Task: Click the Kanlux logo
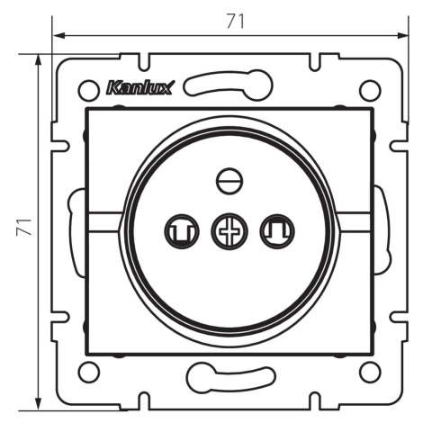tap(139, 88)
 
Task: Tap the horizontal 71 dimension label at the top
tap(236, 22)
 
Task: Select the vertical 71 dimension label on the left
tap(24, 227)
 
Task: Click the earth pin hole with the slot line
tap(229, 181)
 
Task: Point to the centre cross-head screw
tap(229, 231)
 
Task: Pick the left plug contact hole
tap(182, 231)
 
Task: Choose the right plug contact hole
tap(277, 231)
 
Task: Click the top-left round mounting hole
tap(88, 90)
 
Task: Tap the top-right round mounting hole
tap(370, 90)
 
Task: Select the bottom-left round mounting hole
tap(88, 373)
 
